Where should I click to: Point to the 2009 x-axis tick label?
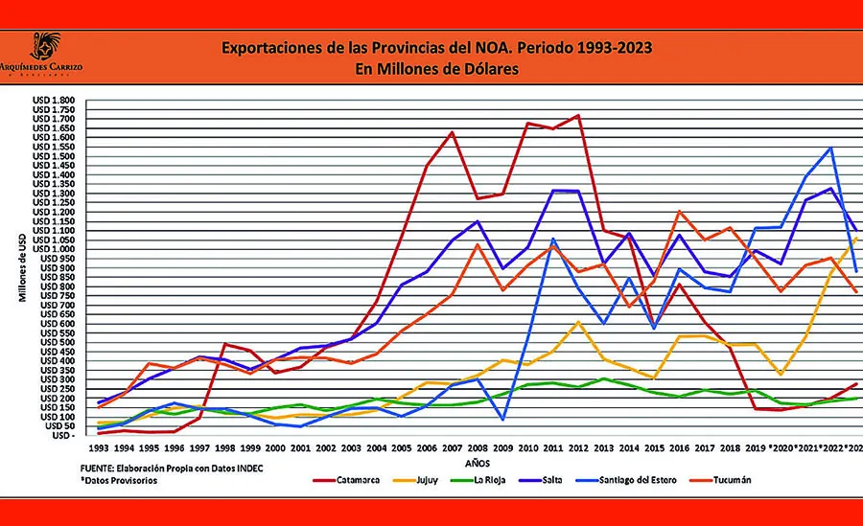click(x=501, y=447)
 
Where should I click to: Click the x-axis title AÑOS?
click(x=476, y=462)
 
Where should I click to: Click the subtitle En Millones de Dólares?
click(x=432, y=69)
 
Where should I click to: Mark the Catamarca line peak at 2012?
click(x=577, y=115)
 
